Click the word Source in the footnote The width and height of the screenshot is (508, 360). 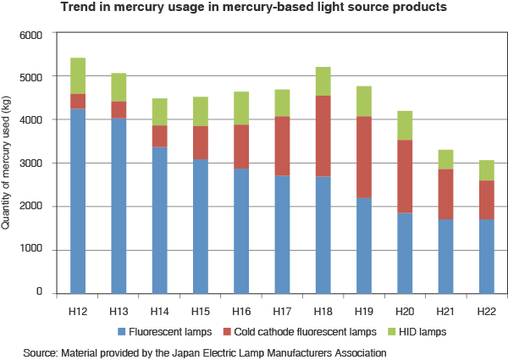click(x=40, y=350)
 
